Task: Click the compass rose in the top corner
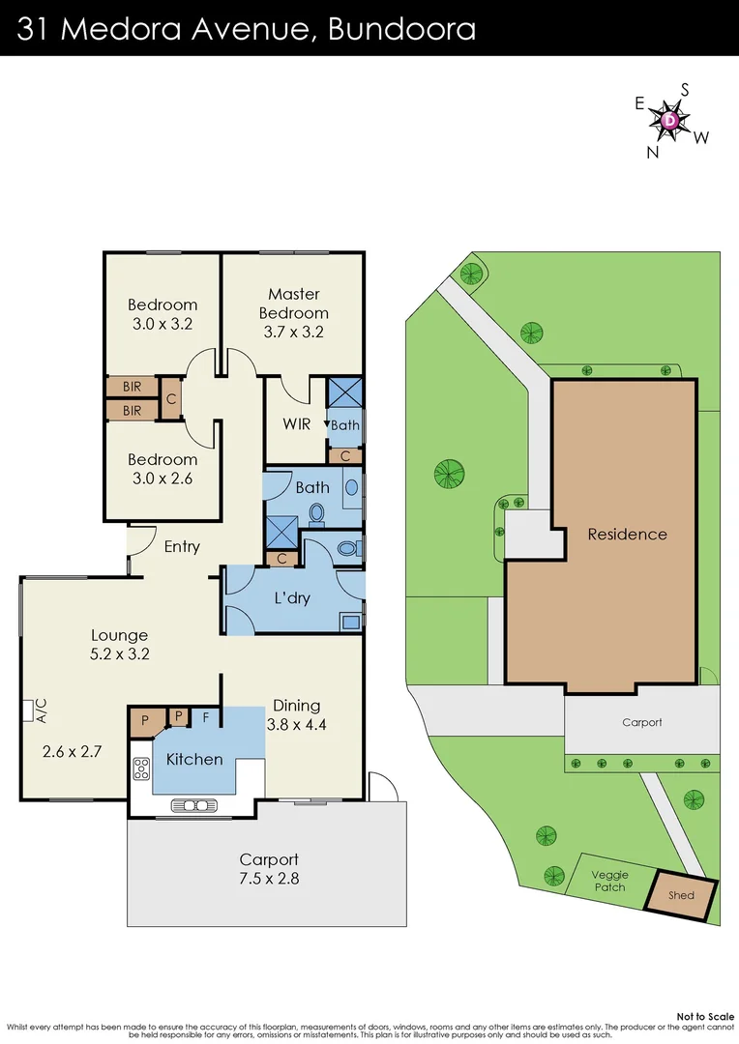(x=671, y=120)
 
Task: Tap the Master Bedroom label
(x=293, y=304)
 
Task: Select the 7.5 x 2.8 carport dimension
(x=269, y=879)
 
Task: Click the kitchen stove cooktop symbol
(x=141, y=769)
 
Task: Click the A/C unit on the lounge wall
(x=27, y=710)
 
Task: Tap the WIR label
(x=296, y=424)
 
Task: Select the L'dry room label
(x=292, y=598)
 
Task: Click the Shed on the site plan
(x=682, y=895)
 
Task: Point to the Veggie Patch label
(x=609, y=881)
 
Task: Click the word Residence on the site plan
(x=627, y=534)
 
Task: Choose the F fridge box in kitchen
(x=204, y=718)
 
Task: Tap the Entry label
(x=182, y=547)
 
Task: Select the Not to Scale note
(x=704, y=1016)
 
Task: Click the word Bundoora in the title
(x=401, y=29)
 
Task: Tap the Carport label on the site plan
(x=641, y=722)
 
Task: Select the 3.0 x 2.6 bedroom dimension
(x=163, y=478)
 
